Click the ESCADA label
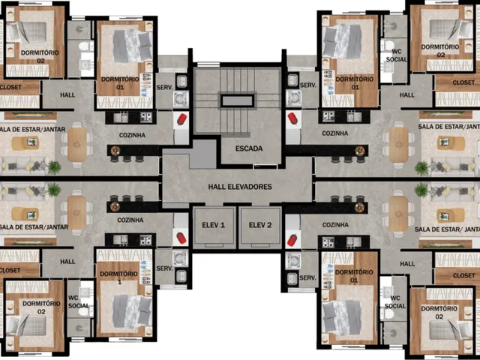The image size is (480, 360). pos(249,148)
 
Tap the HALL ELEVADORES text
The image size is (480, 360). pos(240,187)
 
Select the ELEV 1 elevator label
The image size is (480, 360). pos(213,225)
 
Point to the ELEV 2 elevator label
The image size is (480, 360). pos(260,225)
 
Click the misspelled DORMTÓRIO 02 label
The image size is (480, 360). pos(439,313)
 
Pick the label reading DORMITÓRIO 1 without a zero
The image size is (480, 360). pos(118,277)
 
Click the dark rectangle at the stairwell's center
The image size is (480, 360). pos(237,100)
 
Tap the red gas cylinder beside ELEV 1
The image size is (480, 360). pos(181,238)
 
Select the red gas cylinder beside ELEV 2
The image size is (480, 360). pos(292,240)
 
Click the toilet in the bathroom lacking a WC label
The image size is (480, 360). pos(85,46)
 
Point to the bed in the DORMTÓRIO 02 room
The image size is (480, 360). pos(451,330)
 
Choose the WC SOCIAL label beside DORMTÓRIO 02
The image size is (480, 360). pos(395,302)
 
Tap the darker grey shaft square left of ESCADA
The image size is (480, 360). pos(203,154)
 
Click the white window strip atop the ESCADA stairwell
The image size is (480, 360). pos(208,64)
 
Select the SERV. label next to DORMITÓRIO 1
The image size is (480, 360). pos(164,268)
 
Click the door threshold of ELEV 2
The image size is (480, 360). pos(260,245)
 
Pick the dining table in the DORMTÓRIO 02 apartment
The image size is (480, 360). pos(398,214)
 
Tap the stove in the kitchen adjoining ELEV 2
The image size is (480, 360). pos(328,243)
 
